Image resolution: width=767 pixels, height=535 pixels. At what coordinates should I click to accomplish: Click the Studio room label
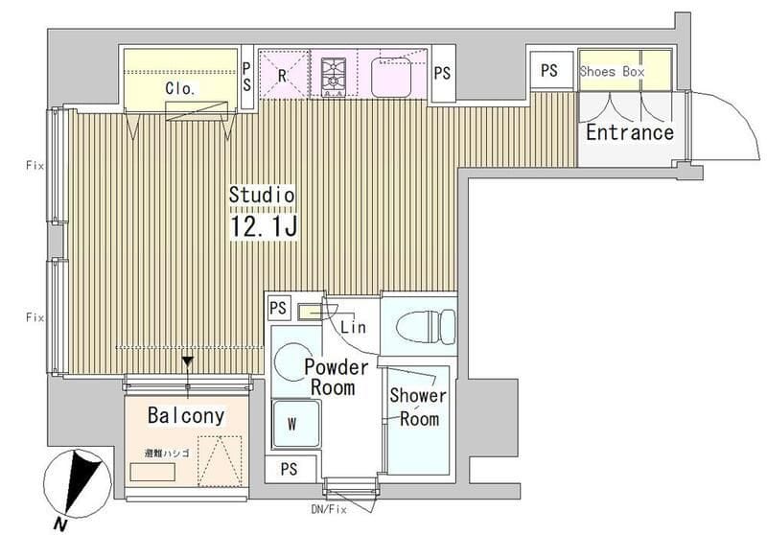point(262,195)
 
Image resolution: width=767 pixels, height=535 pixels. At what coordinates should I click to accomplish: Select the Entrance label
point(630,132)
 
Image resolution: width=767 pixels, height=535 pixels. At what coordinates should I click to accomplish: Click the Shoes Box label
point(612,71)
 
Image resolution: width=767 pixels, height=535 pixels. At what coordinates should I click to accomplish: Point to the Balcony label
point(186,416)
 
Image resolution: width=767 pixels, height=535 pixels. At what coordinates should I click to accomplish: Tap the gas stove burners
point(334,77)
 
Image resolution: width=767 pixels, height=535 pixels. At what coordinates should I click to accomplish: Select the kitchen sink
point(390,78)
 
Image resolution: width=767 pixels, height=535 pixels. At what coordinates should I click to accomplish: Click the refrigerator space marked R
point(284,75)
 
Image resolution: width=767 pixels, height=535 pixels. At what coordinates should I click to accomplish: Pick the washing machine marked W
point(296,424)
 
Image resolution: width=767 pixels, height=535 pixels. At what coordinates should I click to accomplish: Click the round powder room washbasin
point(291,361)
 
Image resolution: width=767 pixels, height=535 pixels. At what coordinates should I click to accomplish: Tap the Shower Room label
point(418,407)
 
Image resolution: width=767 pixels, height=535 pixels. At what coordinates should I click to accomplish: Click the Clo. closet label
point(180,88)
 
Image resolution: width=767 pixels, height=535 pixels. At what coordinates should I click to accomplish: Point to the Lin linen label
point(353,327)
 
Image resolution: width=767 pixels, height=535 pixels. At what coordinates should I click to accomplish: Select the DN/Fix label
point(329,509)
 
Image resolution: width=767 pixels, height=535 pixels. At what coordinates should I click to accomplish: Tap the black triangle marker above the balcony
point(188,362)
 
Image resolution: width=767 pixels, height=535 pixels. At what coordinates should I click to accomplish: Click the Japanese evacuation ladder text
point(166,454)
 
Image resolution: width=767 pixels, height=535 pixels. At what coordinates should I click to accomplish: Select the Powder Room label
point(336,377)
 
